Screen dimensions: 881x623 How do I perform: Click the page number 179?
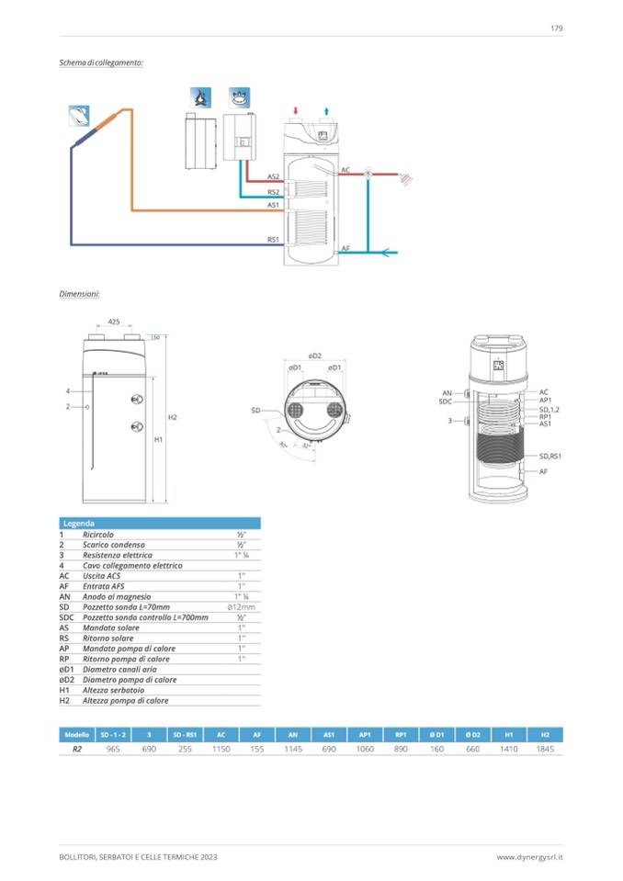point(556,28)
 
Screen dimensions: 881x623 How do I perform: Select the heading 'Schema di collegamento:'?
point(101,62)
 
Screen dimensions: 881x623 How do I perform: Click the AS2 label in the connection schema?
point(273,175)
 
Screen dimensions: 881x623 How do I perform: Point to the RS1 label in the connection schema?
point(273,239)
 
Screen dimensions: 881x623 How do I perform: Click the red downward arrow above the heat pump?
point(296,111)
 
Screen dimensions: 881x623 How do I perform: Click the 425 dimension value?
point(114,322)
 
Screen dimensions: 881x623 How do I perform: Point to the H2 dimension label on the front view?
point(172,417)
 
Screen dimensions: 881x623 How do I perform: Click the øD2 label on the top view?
point(313,356)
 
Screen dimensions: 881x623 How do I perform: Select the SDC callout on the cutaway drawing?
point(445,401)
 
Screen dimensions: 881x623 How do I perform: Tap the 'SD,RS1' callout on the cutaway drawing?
point(549,456)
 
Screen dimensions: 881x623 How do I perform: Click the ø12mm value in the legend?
point(241,607)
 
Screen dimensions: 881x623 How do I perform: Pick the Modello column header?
point(76,735)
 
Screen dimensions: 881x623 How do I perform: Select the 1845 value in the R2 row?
point(544,750)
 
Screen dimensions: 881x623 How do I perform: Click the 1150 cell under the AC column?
point(221,750)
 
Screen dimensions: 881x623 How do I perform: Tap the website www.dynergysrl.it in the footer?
point(529,857)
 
